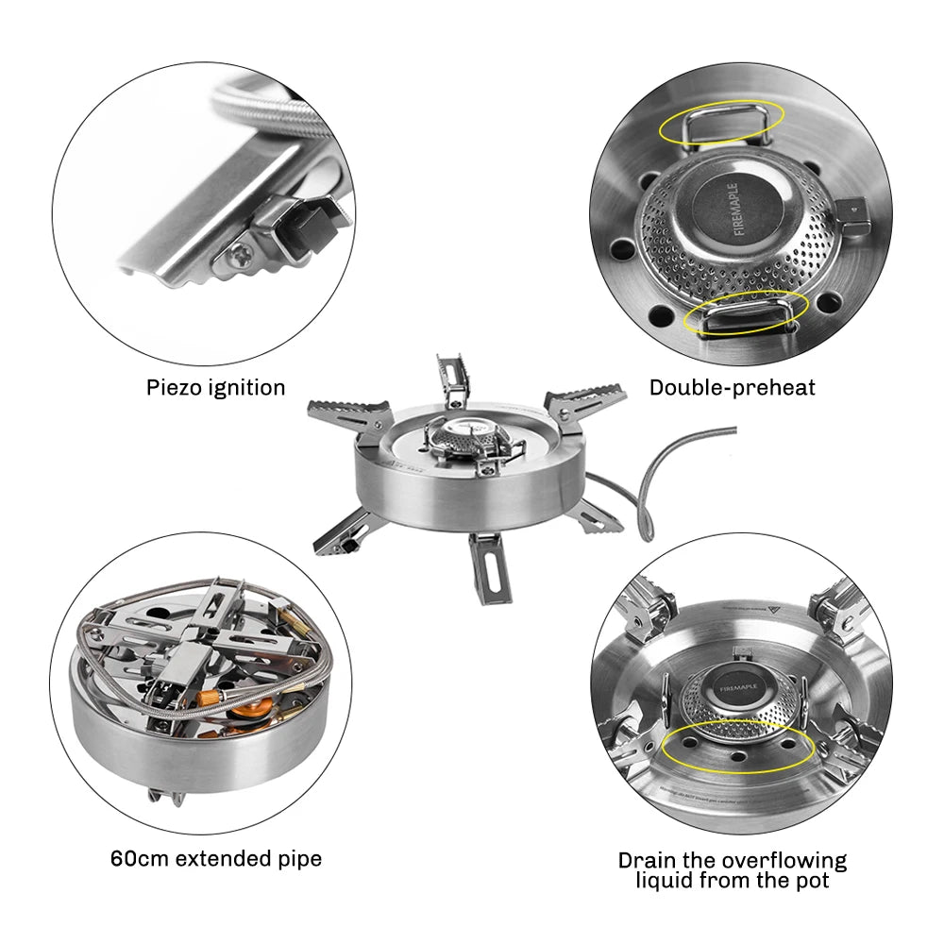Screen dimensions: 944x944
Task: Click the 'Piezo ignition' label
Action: coord(215,387)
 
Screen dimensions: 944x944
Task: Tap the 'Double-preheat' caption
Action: coord(732,387)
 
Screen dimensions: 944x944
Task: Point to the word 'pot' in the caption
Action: coord(809,881)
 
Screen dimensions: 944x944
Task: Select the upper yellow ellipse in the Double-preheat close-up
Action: coord(722,123)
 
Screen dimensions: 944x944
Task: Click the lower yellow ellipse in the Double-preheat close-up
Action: coord(746,313)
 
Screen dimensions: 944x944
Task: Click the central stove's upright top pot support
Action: coord(451,378)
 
